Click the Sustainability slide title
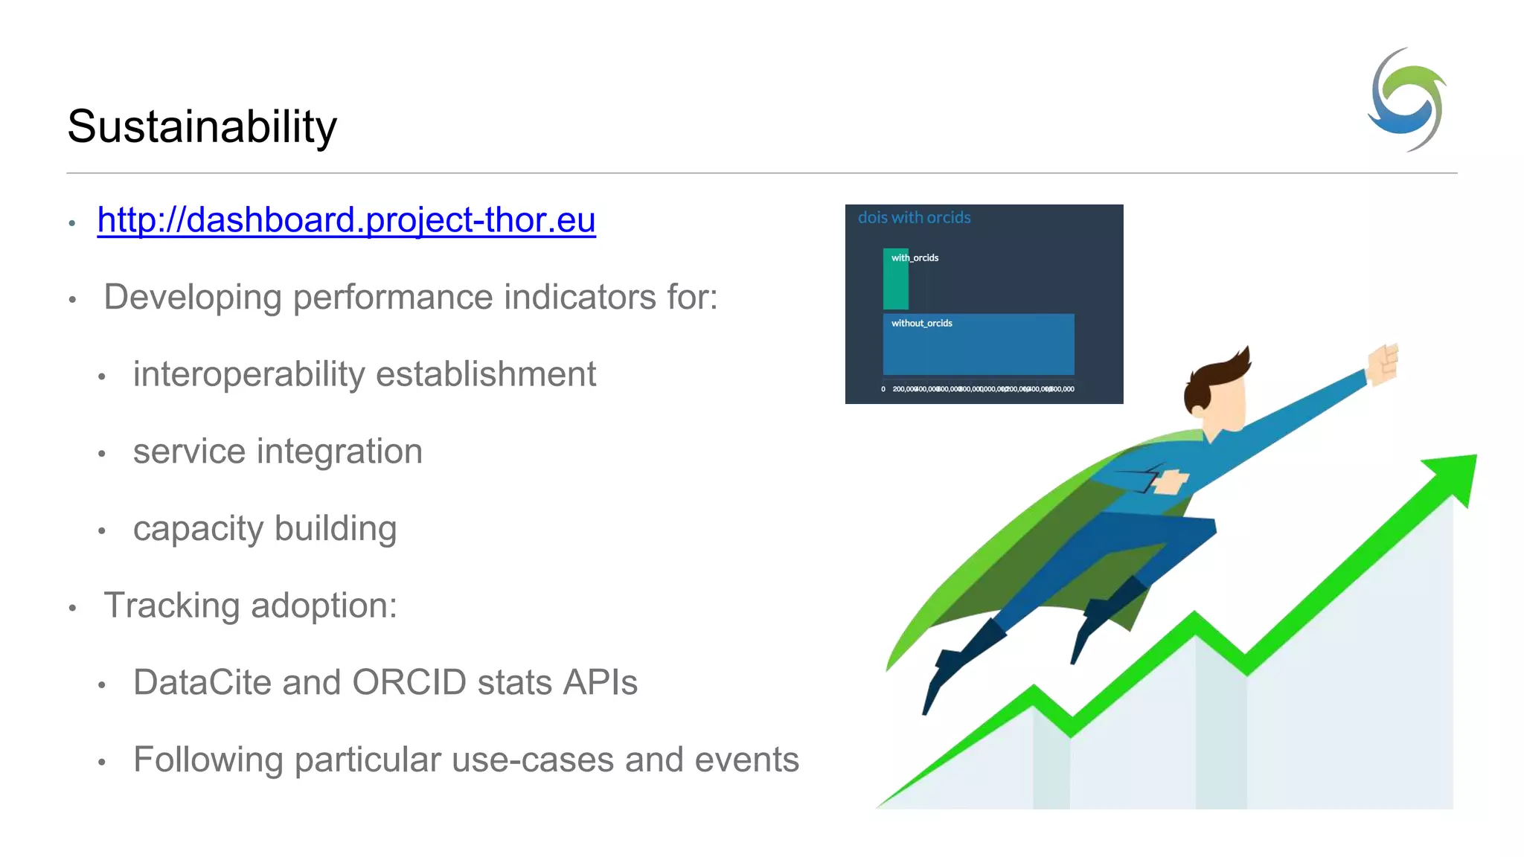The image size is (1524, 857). [x=202, y=126]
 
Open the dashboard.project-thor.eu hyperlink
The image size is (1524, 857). [x=346, y=220]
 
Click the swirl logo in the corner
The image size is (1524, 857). [x=1407, y=100]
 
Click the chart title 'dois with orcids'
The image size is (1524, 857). [x=914, y=218]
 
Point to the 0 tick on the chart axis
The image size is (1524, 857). [x=883, y=389]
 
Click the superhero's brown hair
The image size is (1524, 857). [x=1220, y=376]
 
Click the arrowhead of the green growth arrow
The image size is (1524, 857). [x=1455, y=476]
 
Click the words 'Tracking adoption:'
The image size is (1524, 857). [x=250, y=606]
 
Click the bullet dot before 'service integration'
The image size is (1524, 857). [x=102, y=454]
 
